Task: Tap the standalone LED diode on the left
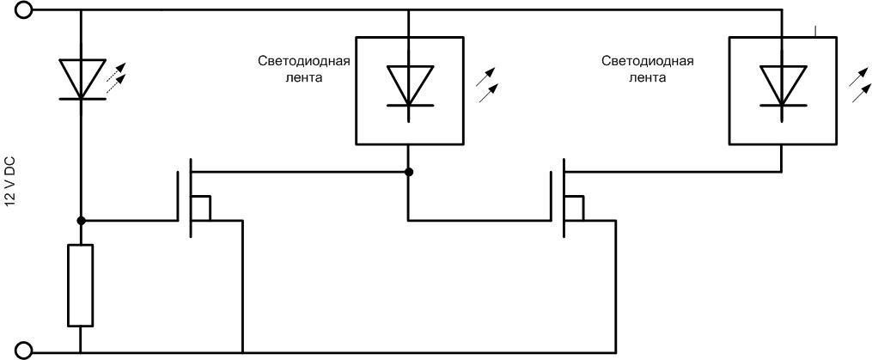(81, 79)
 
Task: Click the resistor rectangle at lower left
(81, 285)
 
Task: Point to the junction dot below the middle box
(409, 172)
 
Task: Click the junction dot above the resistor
(81, 220)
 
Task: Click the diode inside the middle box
(409, 86)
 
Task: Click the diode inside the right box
(781, 86)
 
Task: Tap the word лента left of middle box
(306, 76)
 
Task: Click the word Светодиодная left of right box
(648, 62)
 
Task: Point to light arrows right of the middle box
(487, 84)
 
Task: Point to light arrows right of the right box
(858, 84)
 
